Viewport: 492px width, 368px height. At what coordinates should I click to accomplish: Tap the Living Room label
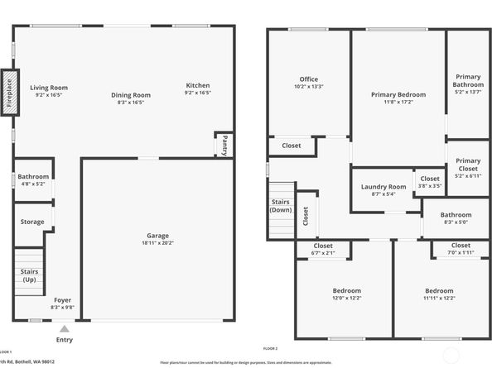pyautogui.click(x=49, y=87)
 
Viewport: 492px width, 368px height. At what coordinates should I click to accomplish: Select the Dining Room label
pyautogui.click(x=131, y=95)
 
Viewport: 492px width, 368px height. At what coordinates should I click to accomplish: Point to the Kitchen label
pyautogui.click(x=198, y=85)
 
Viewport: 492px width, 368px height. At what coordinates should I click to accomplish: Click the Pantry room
pyautogui.click(x=224, y=145)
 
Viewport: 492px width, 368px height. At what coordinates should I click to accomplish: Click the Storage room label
pyautogui.click(x=32, y=222)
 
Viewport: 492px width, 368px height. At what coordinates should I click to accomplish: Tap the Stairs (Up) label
pyautogui.click(x=27, y=275)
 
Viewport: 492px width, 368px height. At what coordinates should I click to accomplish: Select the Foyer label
pyautogui.click(x=63, y=299)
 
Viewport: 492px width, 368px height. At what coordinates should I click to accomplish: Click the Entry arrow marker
pyautogui.click(x=65, y=328)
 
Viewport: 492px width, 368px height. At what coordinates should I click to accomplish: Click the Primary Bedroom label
pyautogui.click(x=398, y=95)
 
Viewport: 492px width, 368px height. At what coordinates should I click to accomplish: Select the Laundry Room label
pyautogui.click(x=383, y=187)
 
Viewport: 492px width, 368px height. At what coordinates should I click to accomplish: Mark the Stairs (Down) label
pyautogui.click(x=281, y=206)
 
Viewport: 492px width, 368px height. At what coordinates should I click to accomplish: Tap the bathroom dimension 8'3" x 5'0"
pyautogui.click(x=456, y=222)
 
